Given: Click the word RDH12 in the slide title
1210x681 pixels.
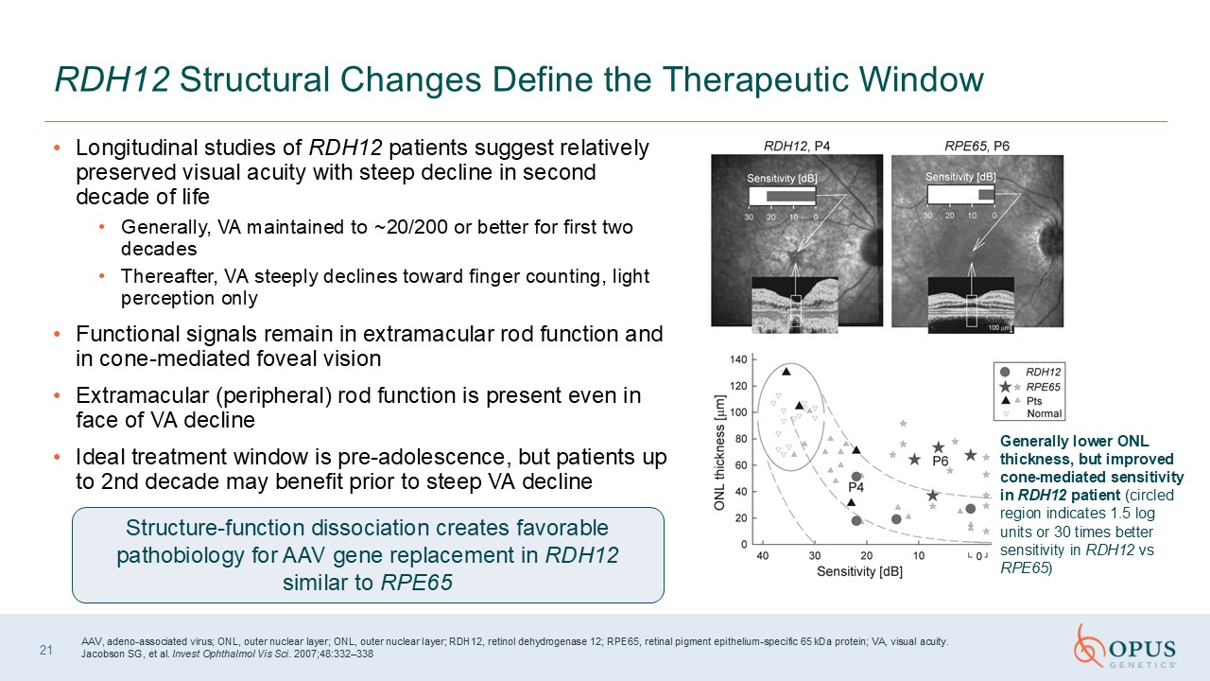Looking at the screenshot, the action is pos(112,79).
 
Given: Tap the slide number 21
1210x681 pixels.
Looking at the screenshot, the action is pos(46,650).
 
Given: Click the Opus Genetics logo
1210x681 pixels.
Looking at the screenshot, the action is pos(1125,646).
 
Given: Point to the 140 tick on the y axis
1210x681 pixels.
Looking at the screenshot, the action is pos(738,360).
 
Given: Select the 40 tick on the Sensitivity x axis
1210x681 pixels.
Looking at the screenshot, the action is pos(762,555).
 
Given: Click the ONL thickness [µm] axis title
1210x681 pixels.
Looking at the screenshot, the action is pos(719,453).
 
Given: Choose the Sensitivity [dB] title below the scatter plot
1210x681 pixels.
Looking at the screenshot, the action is pos(859,572).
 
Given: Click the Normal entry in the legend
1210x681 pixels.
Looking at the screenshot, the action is pos(1045,414).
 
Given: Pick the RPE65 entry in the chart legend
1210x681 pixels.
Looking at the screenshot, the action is pos(1043,387).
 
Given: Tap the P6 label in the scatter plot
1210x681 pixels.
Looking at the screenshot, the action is pos(941,461).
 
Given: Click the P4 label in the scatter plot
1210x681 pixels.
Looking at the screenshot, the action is pos(856,487).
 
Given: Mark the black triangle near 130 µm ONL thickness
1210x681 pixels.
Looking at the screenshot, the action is pos(786,372).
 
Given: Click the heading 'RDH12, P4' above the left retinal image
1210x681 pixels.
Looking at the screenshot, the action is pos(797,146).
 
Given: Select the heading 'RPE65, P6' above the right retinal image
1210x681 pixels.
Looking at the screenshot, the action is pos(977,146).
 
